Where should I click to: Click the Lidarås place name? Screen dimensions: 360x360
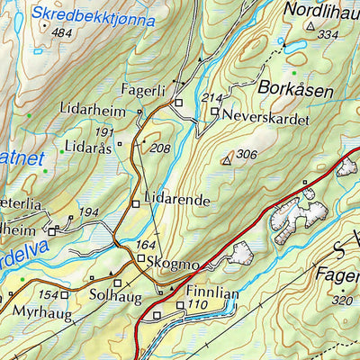pyautogui.click(x=88, y=146)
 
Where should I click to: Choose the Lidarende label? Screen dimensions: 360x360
pyautogui.click(x=176, y=198)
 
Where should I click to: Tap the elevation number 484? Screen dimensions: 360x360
pyautogui.click(x=61, y=33)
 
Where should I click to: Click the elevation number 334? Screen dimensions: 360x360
pyautogui.click(x=328, y=34)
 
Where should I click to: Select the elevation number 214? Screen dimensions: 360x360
pyautogui.click(x=211, y=97)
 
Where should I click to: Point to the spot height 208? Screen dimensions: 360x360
pyautogui.click(x=159, y=148)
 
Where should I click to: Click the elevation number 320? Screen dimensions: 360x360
pyautogui.click(x=340, y=301)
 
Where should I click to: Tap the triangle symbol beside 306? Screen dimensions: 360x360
pyautogui.click(x=227, y=159)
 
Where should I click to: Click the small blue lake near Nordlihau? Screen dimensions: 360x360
pyautogui.click(x=293, y=44)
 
